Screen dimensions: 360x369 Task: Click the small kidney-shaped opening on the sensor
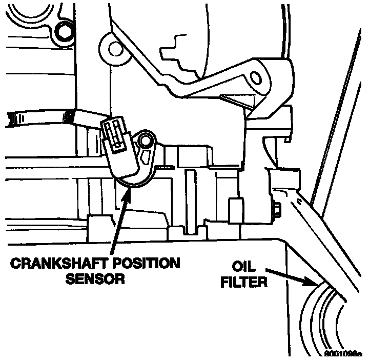tap(147, 156)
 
